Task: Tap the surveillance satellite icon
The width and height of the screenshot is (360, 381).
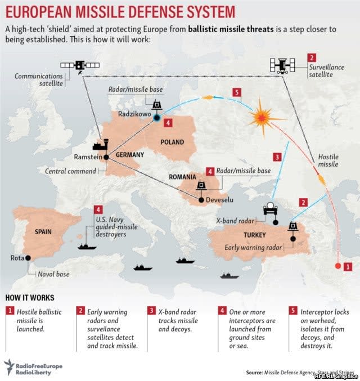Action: (x=282, y=65)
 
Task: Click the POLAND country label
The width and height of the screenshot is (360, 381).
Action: (x=172, y=142)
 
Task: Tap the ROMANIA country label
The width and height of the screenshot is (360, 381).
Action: (x=182, y=177)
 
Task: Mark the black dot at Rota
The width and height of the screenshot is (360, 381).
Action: (x=28, y=258)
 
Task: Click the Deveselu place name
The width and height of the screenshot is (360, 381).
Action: (x=219, y=199)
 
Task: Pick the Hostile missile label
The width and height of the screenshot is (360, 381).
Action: (x=328, y=160)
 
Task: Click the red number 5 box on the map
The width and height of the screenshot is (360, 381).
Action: (x=237, y=92)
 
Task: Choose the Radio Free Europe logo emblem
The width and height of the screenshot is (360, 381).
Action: (x=10, y=366)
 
